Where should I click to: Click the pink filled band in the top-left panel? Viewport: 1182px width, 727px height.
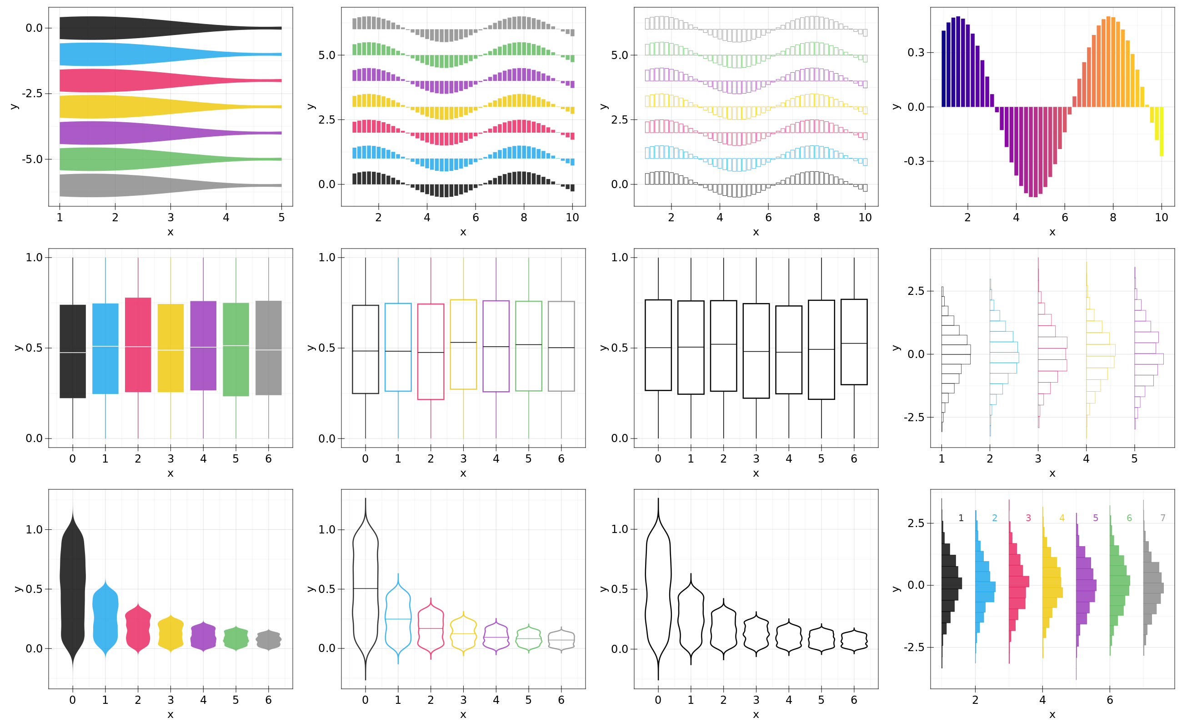[x=120, y=80]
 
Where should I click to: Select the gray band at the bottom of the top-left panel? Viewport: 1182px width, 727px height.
[x=120, y=185]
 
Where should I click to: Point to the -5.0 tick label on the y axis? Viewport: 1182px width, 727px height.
[x=32, y=159]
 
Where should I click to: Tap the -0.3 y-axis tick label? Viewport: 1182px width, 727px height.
[x=914, y=161]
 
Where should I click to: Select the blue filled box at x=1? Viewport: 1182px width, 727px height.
[x=105, y=349]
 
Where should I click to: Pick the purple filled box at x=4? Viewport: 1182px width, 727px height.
[x=203, y=346]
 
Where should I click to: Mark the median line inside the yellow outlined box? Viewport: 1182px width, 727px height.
[x=463, y=342]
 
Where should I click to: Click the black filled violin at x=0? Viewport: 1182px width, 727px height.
[x=73, y=587]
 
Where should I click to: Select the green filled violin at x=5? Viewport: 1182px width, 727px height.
[x=236, y=638]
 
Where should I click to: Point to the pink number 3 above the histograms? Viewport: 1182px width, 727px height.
[x=1028, y=518]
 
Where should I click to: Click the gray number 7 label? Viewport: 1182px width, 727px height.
[x=1162, y=518]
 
